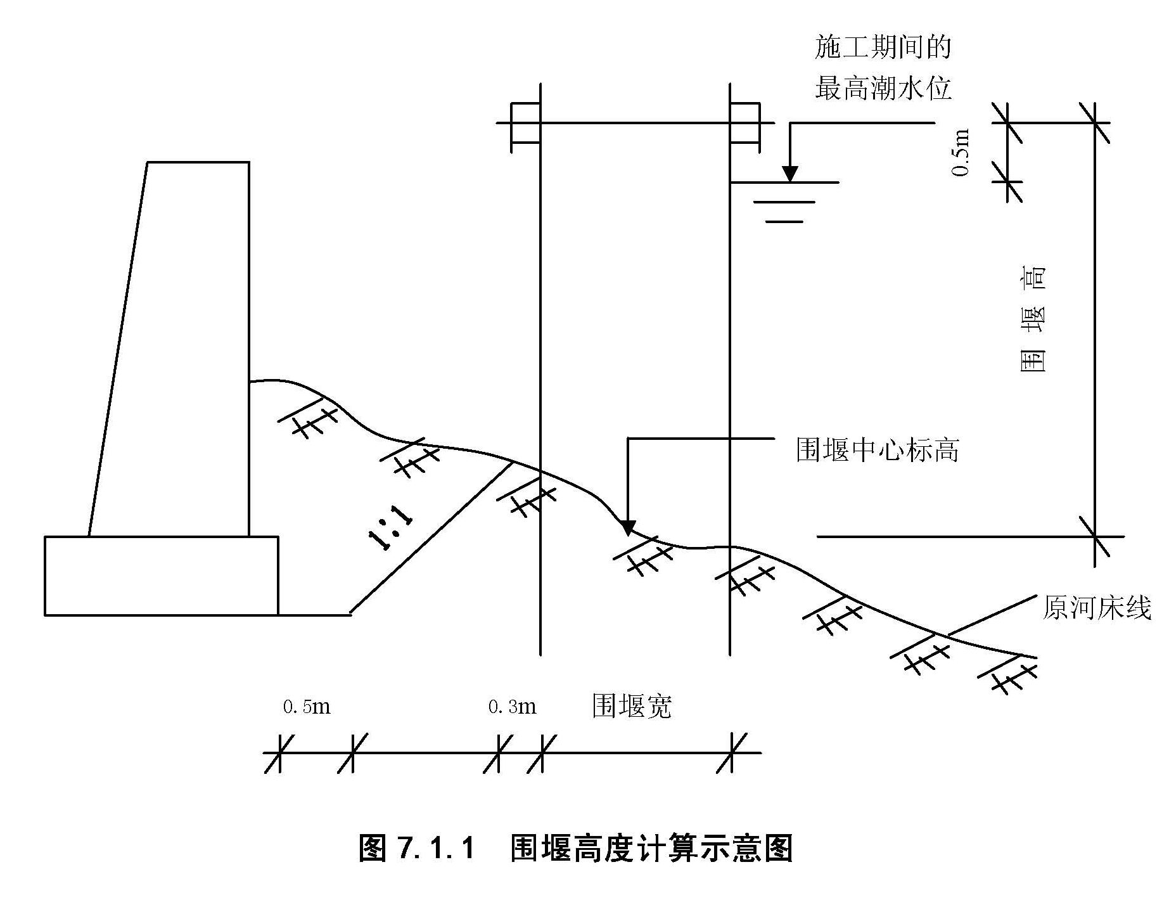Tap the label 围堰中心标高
pos(877,450)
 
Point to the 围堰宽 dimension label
pos(632,705)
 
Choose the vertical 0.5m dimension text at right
pos(961,153)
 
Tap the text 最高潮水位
pos(883,88)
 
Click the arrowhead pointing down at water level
pos(789,174)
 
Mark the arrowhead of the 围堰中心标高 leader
pos(627,527)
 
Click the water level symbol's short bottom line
pos(784,222)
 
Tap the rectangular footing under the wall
pos(161,575)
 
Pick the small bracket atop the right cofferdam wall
pos(744,127)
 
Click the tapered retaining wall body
pos(184,349)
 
